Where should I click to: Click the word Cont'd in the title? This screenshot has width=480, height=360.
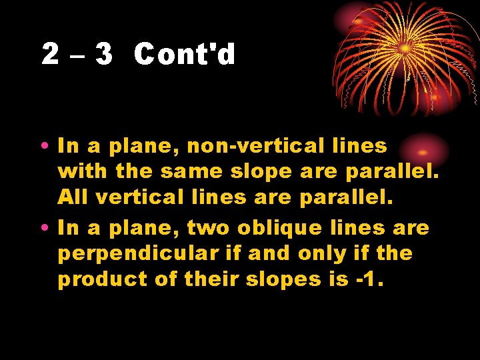(x=185, y=55)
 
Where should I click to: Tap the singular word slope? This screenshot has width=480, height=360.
(x=261, y=172)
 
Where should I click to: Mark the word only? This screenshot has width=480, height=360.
(x=324, y=254)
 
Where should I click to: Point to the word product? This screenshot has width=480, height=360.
(x=99, y=280)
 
